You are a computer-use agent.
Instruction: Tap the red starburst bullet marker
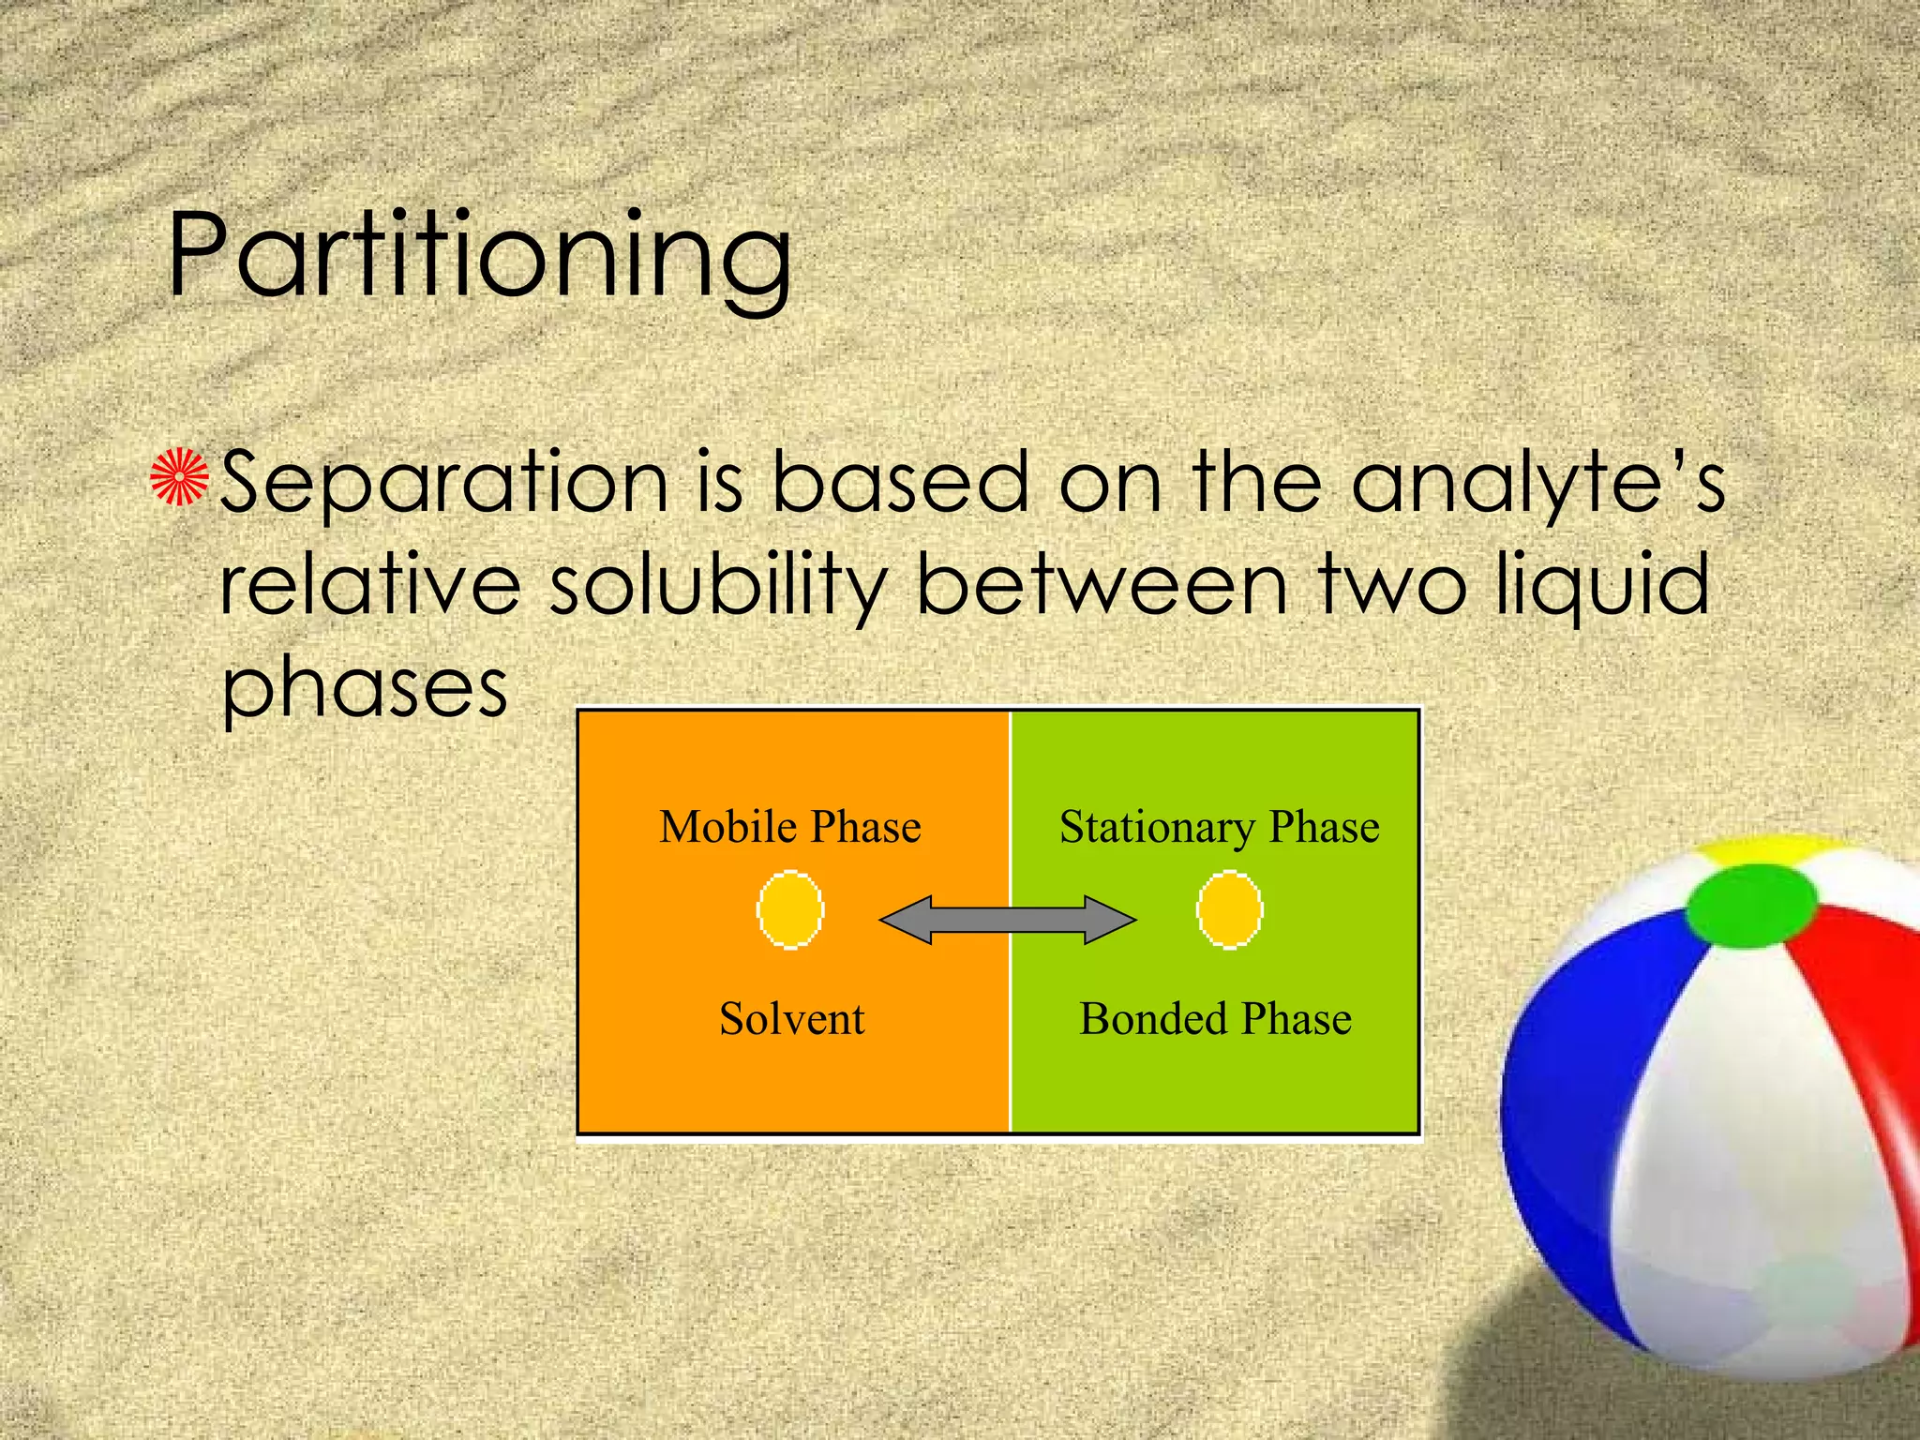tap(179, 477)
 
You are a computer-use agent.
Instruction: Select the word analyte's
tap(1537, 482)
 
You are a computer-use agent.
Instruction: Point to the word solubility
tap(717, 586)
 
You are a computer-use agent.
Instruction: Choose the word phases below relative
tap(364, 689)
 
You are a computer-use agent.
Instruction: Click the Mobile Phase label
tap(789, 827)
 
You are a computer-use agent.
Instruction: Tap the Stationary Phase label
tap(1219, 827)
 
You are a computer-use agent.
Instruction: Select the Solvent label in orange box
tap(791, 1019)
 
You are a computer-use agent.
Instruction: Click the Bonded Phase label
tap(1215, 1019)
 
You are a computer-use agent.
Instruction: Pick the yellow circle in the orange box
tap(790, 910)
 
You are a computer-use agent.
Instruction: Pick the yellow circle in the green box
tap(1229, 910)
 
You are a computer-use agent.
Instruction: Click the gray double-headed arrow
tap(1008, 920)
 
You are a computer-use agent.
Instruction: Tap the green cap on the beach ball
tap(1750, 905)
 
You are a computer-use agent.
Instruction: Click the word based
tap(899, 482)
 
